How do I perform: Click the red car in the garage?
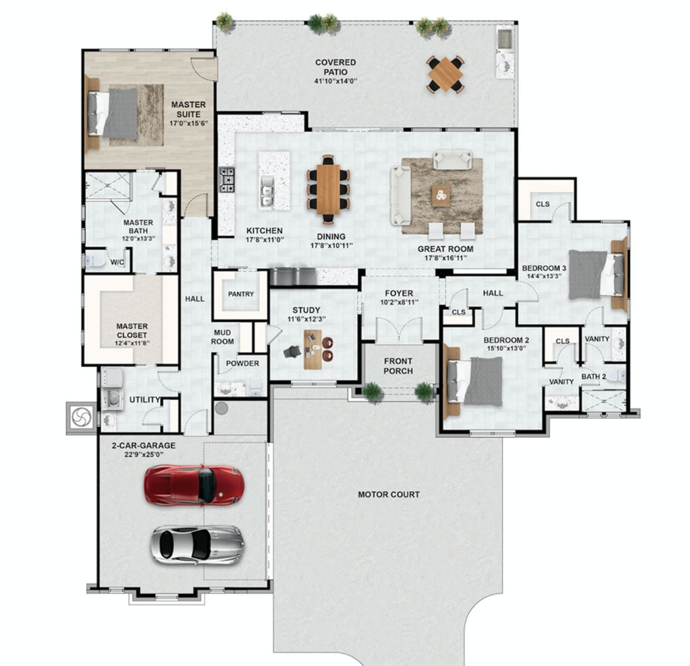pos(194,485)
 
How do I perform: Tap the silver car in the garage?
pos(197,544)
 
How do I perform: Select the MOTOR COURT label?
pos(389,494)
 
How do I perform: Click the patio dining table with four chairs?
pos(445,74)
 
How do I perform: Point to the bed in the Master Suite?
pos(113,113)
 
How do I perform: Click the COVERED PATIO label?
pos(336,67)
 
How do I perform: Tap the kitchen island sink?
pos(267,191)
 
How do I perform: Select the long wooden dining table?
pos(328,189)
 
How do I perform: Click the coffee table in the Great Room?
pos(441,195)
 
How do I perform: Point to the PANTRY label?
pos(241,294)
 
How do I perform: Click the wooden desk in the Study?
pos(313,349)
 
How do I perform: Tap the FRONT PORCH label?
pos(398,366)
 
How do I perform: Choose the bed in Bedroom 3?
pos(597,275)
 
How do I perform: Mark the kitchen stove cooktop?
pos(227,180)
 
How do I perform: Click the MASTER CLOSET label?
pos(132,331)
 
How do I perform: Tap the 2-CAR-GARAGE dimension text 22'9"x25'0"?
pos(144,455)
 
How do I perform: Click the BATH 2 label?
pos(594,376)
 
